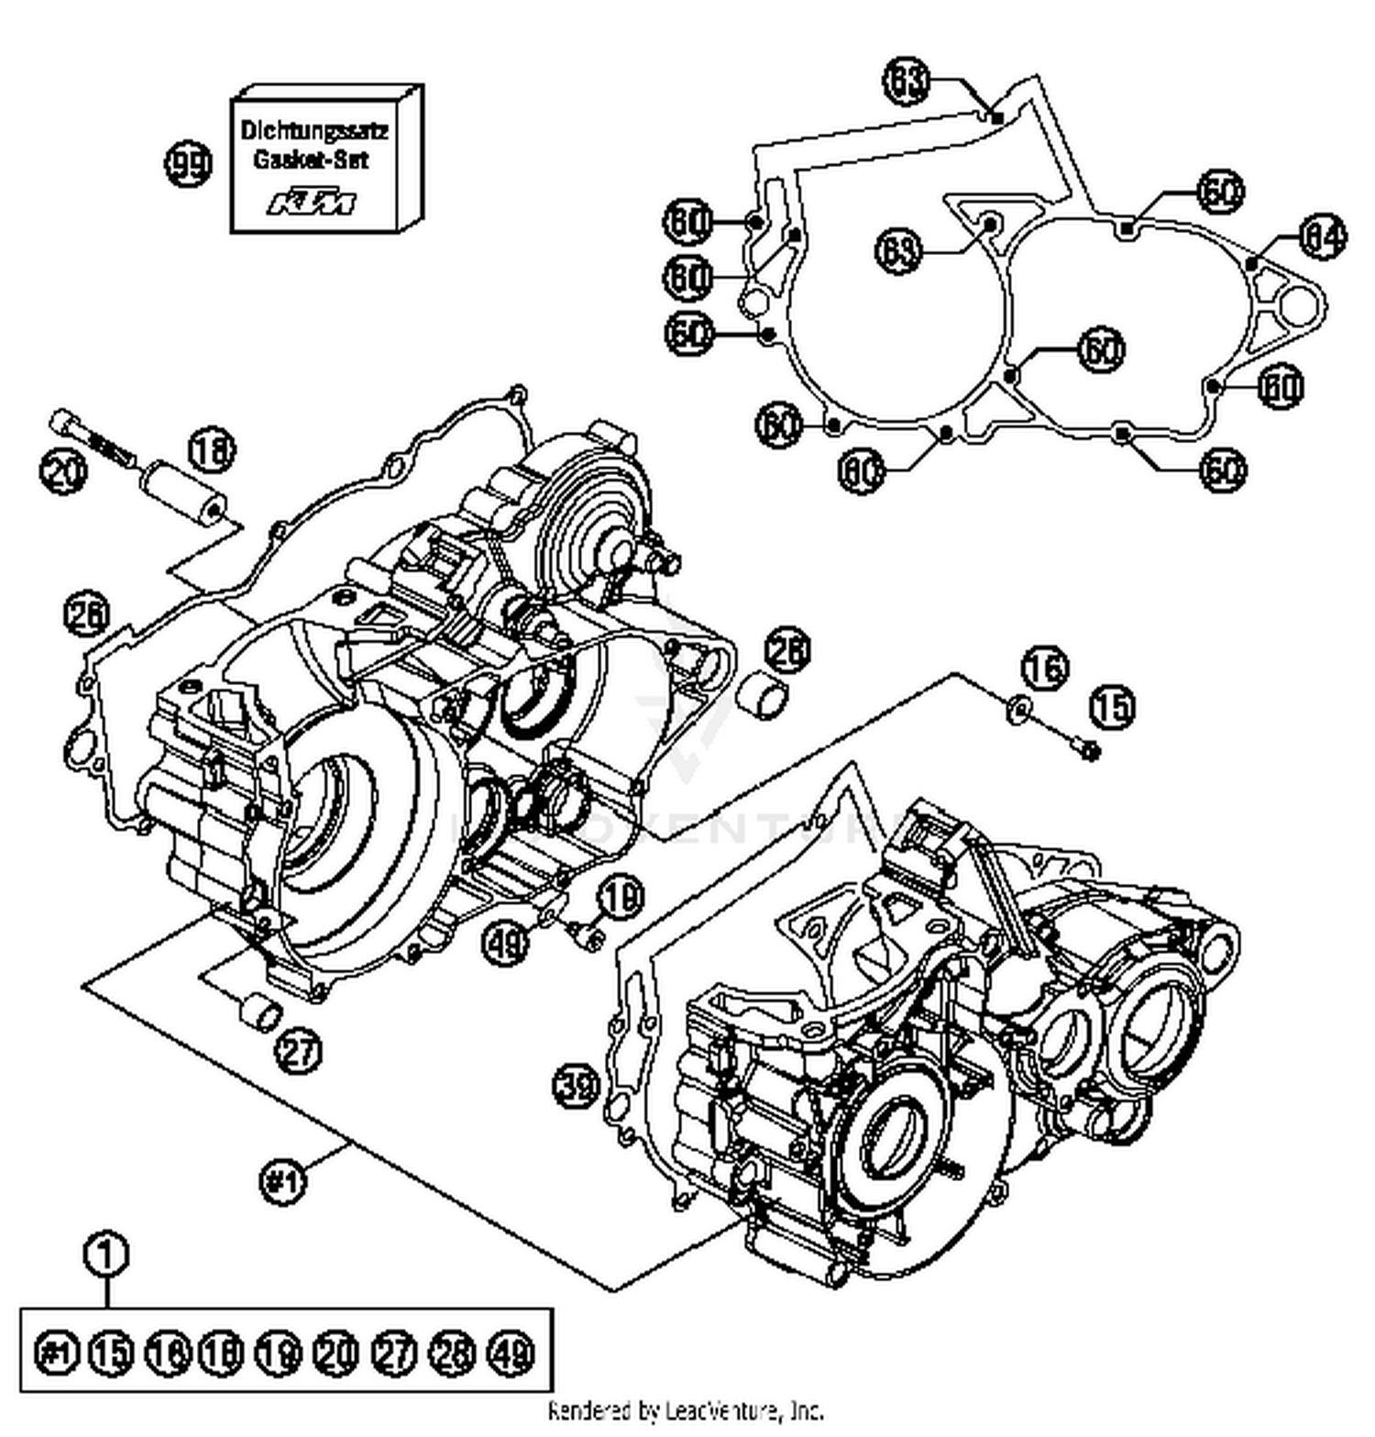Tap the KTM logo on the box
(313, 202)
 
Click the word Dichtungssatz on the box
(314, 130)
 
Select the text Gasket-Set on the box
(311, 160)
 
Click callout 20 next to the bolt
(63, 472)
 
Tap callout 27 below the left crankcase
(300, 1050)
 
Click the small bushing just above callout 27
(259, 1011)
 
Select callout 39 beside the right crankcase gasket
(577, 1086)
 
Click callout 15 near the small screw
(1112, 707)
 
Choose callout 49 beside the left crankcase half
(508, 941)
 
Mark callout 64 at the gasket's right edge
(1323, 237)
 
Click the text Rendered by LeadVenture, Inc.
(686, 1410)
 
